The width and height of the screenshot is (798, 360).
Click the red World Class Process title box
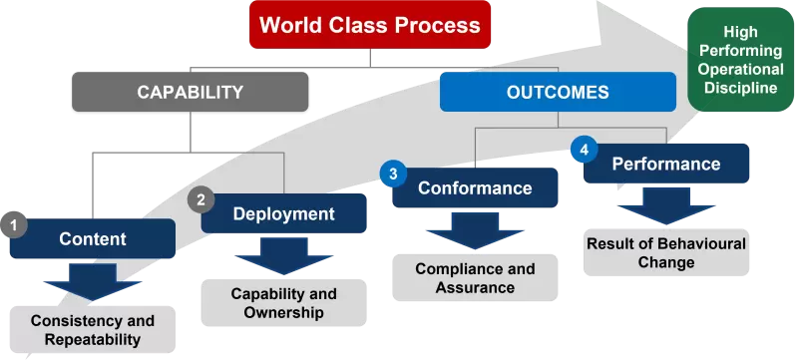[x=370, y=25]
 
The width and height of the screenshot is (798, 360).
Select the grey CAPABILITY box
[x=190, y=93]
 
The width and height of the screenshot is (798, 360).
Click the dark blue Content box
[x=93, y=239]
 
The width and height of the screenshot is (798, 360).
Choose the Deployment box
[x=283, y=213]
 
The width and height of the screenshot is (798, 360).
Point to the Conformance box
[x=474, y=188]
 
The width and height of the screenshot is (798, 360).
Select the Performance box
[x=665, y=165]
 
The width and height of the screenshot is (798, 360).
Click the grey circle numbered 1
[x=14, y=226]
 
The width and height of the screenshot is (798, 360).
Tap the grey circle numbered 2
[x=200, y=199]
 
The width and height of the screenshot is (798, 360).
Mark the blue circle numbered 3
[x=393, y=174]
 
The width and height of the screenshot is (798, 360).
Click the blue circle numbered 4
[x=584, y=150]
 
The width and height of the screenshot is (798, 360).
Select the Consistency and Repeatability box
[x=93, y=330]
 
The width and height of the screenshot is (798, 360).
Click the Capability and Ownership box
[x=283, y=303]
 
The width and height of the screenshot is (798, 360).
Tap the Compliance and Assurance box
[x=475, y=278]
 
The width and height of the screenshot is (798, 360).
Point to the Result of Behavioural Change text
[x=665, y=253]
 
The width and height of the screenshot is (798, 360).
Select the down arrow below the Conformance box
[x=475, y=230]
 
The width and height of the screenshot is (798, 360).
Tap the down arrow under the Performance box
[x=665, y=205]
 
